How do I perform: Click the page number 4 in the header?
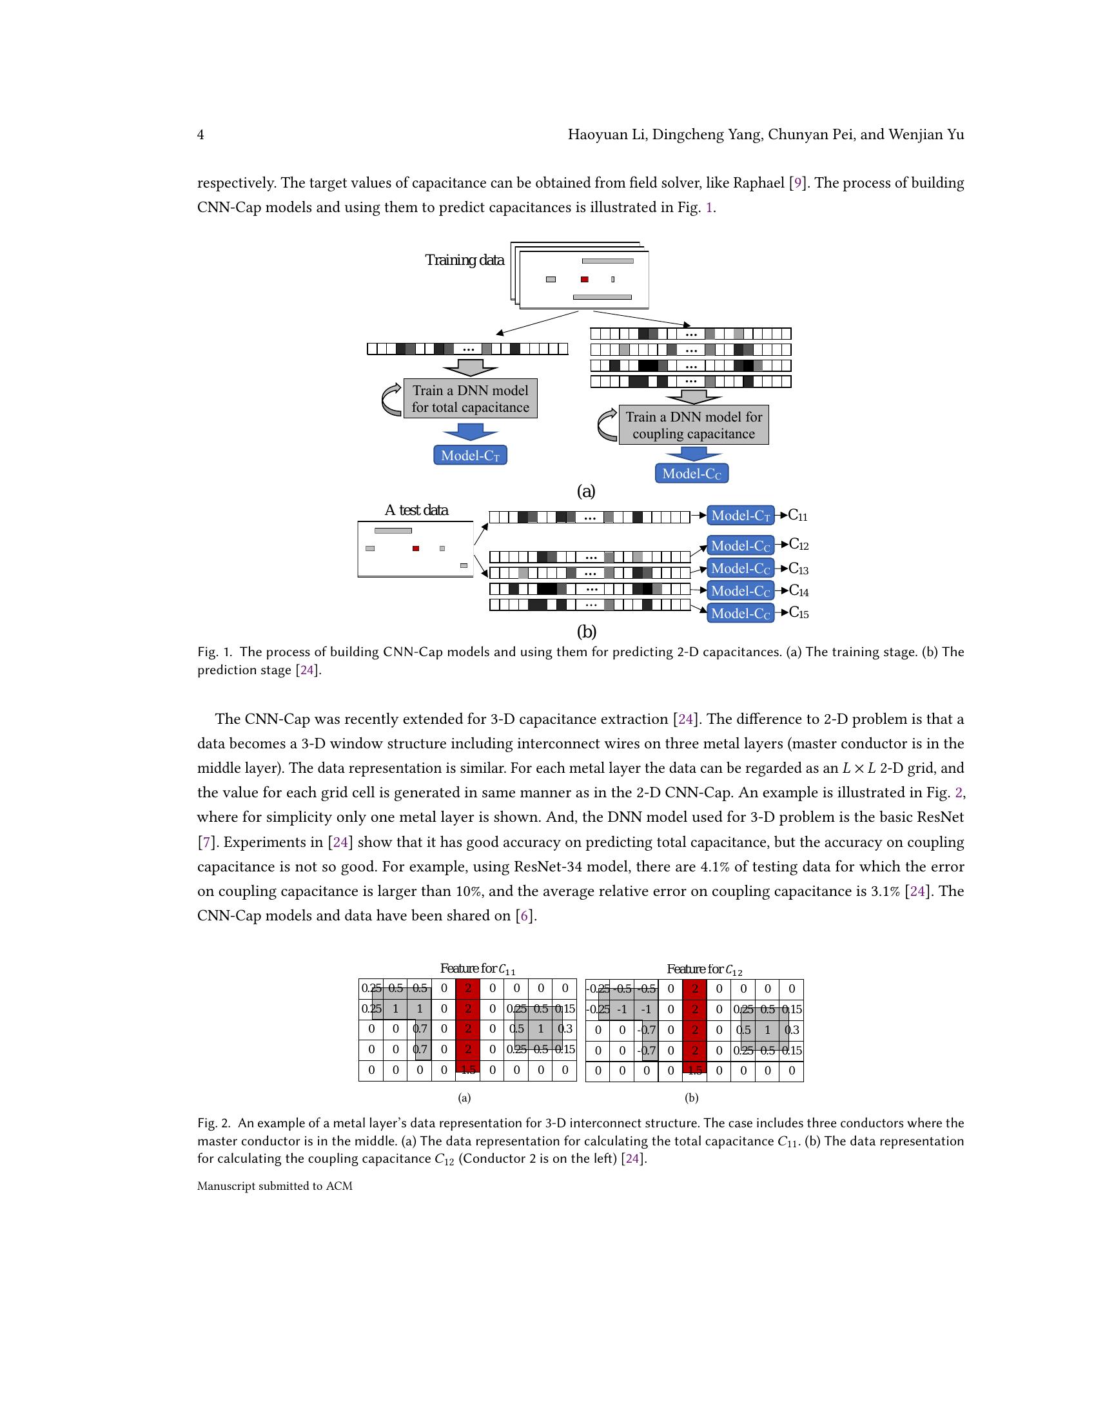pos(201,135)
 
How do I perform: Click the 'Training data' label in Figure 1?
pos(464,260)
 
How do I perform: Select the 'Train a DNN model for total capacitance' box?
pos(470,398)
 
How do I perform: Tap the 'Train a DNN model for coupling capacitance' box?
pos(694,425)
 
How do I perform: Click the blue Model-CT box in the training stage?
pos(470,455)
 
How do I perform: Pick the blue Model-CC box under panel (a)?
pos(692,473)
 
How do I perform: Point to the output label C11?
pos(798,516)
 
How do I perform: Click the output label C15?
pos(799,612)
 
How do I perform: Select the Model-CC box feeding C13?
pos(740,568)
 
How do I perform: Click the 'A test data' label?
pos(416,510)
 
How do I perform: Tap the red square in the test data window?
pos(416,549)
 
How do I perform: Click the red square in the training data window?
pos(584,279)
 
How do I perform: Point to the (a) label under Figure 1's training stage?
pos(585,492)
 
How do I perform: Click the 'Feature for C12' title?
pos(705,969)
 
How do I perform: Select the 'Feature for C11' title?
pos(477,969)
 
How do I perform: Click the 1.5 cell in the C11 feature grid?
pos(468,1070)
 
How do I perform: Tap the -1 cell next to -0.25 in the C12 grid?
pos(622,1009)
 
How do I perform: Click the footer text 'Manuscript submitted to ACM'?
pos(275,1186)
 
